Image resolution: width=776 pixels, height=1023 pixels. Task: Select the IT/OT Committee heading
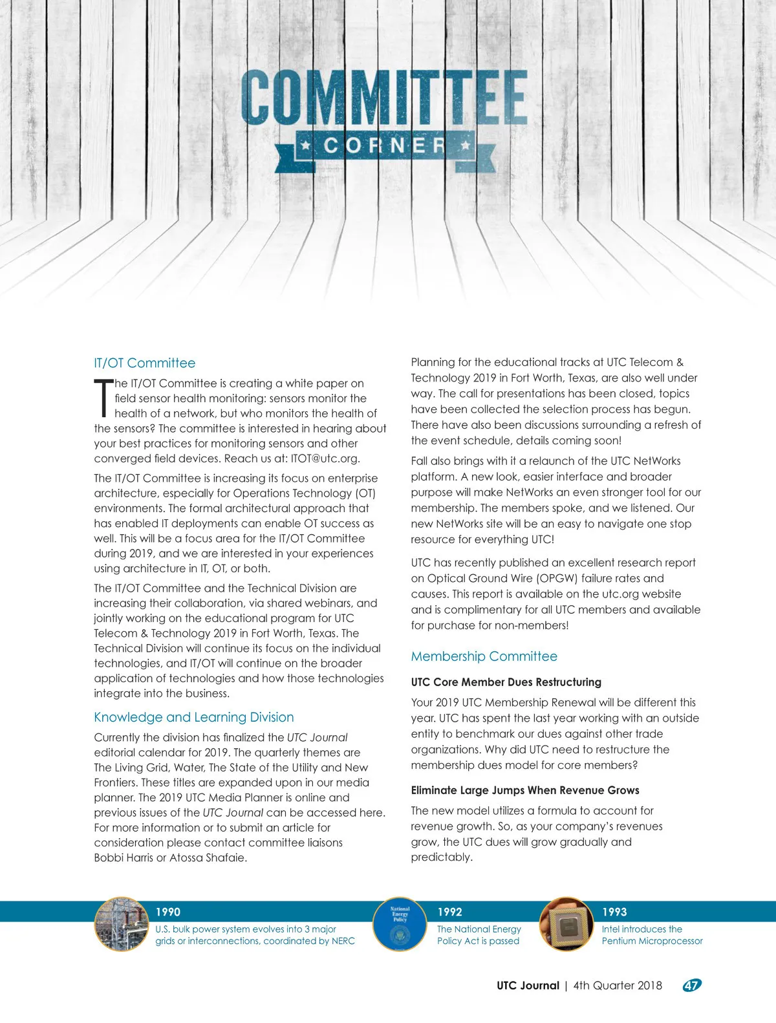144,363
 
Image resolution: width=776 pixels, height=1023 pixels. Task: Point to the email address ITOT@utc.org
324,458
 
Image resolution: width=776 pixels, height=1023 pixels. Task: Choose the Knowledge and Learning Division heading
193,717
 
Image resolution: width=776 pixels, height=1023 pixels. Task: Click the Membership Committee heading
484,656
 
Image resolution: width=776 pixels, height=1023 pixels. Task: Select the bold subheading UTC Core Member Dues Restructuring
506,682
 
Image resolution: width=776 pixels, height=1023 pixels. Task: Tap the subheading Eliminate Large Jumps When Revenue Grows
524,790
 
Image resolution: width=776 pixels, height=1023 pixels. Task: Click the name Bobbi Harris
124,858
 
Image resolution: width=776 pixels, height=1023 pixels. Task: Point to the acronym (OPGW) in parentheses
557,578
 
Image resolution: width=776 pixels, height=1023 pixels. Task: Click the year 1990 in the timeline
167,912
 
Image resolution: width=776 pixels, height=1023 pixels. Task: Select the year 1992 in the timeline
449,912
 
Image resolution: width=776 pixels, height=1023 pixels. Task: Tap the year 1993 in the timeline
614,912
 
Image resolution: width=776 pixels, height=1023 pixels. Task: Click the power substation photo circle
122,924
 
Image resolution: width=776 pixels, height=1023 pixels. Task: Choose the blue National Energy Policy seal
400,924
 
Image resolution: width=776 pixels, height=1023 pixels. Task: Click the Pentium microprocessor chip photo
566,924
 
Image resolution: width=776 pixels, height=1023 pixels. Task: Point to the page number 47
691,985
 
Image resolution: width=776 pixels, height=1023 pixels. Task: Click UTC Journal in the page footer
528,985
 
